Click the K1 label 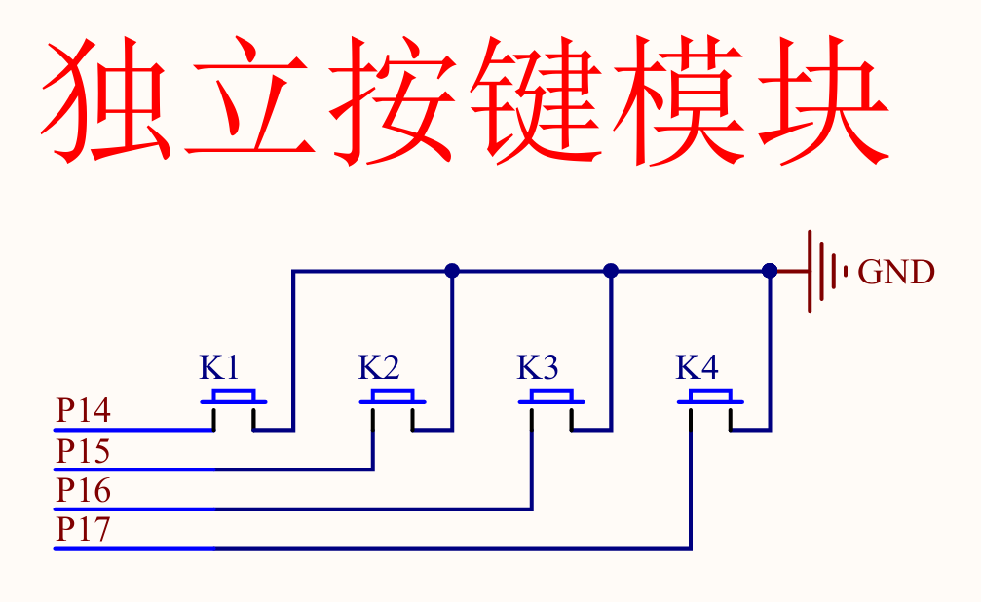pyautogui.click(x=219, y=368)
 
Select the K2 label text pyautogui.click(x=378, y=368)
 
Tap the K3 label pyautogui.click(x=537, y=368)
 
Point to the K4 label pyautogui.click(x=697, y=368)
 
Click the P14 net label pyautogui.click(x=83, y=411)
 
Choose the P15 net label pyautogui.click(x=83, y=452)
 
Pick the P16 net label pyautogui.click(x=83, y=491)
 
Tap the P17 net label pyautogui.click(x=83, y=531)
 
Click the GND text pyautogui.click(x=896, y=273)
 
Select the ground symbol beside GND pyautogui.click(x=824, y=271)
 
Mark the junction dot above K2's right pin pyautogui.click(x=451, y=271)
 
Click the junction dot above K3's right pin pyautogui.click(x=611, y=271)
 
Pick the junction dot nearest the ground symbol pyautogui.click(x=770, y=271)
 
